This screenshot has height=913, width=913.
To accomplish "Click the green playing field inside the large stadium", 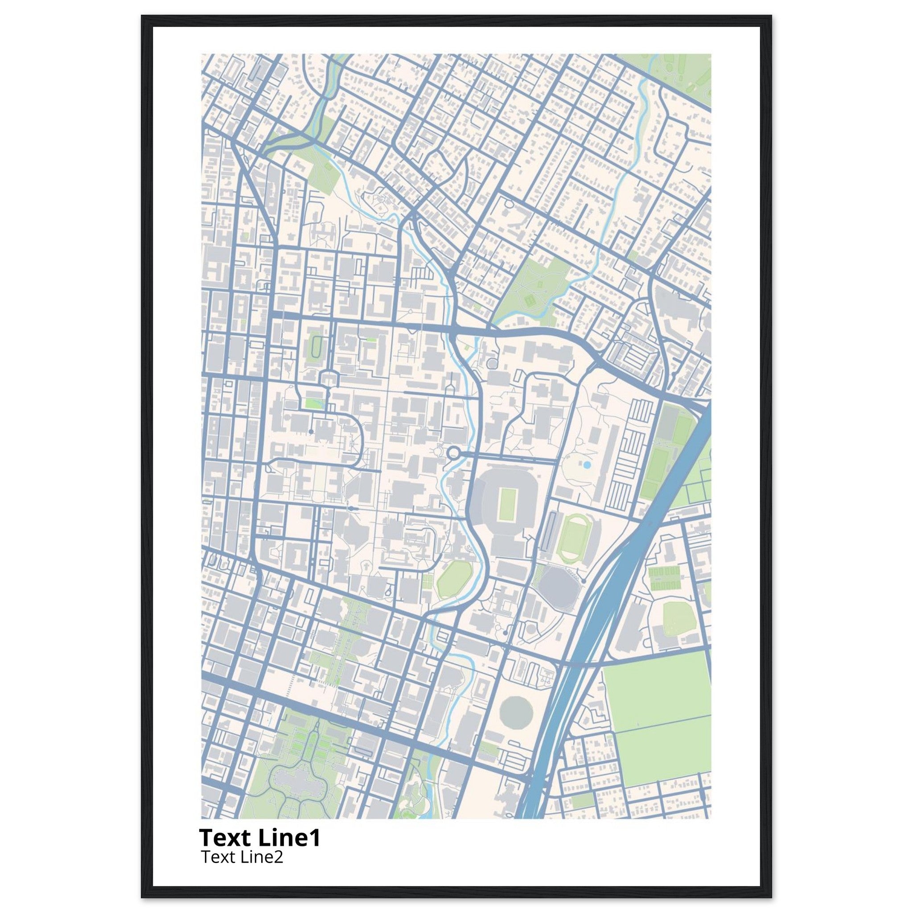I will point(508,505).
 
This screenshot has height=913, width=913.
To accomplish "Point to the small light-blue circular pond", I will point(587,465).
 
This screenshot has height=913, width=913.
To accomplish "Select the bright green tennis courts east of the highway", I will point(664,580).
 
